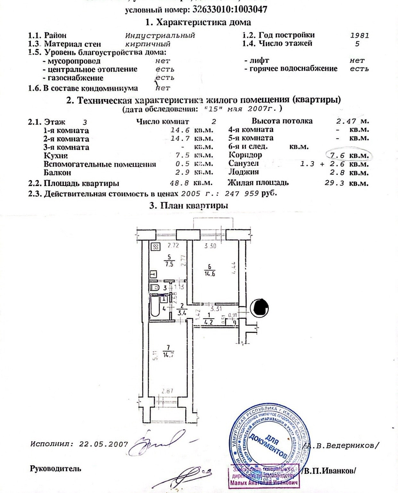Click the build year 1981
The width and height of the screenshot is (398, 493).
pos(360,35)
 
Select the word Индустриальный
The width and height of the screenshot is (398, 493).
pos(160,35)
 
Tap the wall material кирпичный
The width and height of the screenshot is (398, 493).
pos(148,44)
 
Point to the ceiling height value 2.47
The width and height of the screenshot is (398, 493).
pos(346,121)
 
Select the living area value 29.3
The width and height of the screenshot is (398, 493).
pos(334,183)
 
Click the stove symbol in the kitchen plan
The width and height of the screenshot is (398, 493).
pos(156,247)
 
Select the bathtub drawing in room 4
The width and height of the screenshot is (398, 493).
pos(155,308)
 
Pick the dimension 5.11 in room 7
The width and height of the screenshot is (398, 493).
pos(155,356)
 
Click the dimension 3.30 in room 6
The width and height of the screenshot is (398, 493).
pos(210,246)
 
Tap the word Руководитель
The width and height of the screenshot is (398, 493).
pos(55,469)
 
